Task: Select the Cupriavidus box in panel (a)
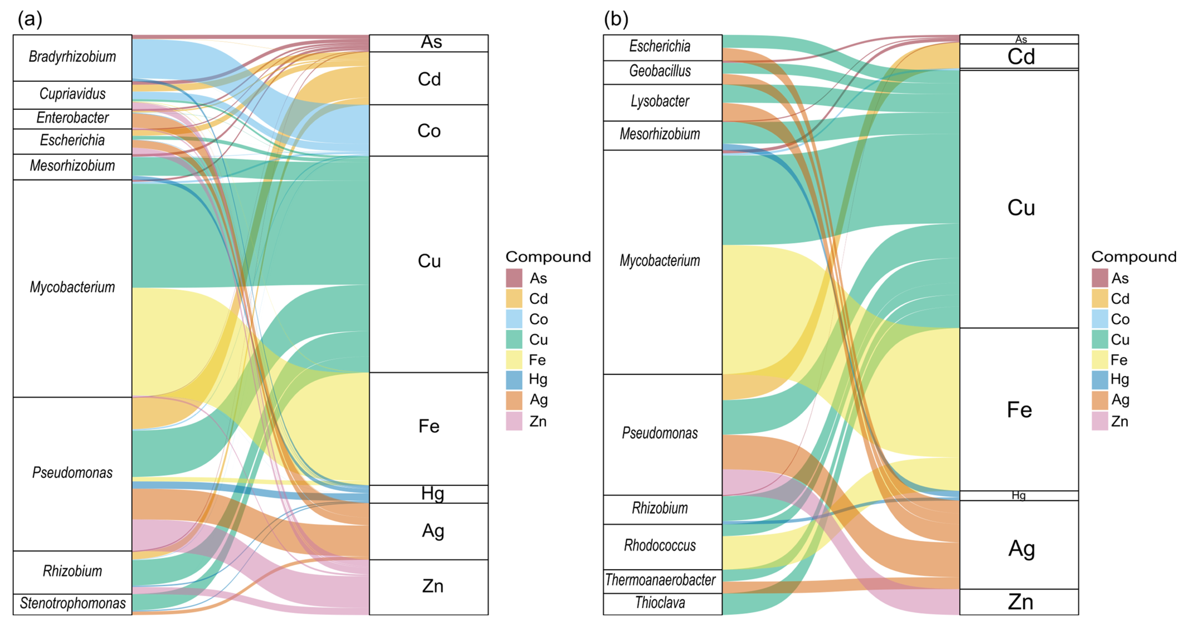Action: coord(72,94)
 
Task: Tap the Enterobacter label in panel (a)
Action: coord(72,118)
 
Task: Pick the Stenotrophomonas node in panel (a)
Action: coord(72,603)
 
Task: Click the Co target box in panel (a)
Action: coord(429,131)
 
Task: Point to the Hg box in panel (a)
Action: coord(429,494)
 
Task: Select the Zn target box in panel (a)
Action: coord(429,587)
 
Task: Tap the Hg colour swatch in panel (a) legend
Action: coord(514,380)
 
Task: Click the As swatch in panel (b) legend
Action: coord(1099,278)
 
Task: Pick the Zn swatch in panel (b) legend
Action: coord(1099,421)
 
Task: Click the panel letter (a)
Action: coord(30,19)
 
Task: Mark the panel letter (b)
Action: coord(616,19)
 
